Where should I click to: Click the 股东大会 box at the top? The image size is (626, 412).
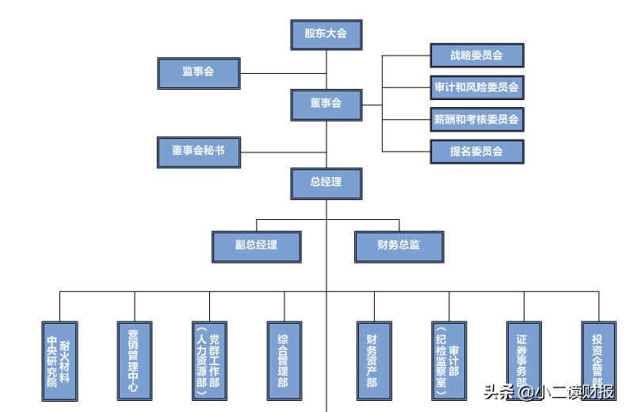pyautogui.click(x=326, y=34)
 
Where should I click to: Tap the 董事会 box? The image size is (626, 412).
pyautogui.click(x=326, y=103)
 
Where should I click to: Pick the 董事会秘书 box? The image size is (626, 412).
pyautogui.click(x=199, y=151)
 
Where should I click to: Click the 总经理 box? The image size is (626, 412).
pyautogui.click(x=326, y=183)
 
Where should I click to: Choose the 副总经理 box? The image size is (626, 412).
pyautogui.click(x=257, y=245)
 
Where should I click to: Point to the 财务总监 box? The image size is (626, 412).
pyautogui.click(x=399, y=245)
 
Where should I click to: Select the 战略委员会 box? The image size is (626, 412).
pyautogui.click(x=476, y=56)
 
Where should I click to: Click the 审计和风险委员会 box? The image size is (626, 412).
pyautogui.click(x=476, y=87)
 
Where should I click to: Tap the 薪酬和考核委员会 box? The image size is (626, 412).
pyautogui.click(x=476, y=120)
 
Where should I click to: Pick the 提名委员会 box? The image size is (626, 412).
pyautogui.click(x=476, y=151)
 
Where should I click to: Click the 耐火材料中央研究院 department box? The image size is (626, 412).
pyautogui.click(x=59, y=361)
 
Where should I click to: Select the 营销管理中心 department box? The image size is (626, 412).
pyautogui.click(x=134, y=361)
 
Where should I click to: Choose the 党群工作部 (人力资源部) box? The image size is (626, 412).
pyautogui.click(x=208, y=361)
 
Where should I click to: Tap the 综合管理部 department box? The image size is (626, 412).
pyautogui.click(x=284, y=361)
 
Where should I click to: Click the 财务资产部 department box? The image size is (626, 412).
pyautogui.click(x=372, y=361)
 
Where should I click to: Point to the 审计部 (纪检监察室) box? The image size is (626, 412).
pyautogui.click(x=448, y=361)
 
